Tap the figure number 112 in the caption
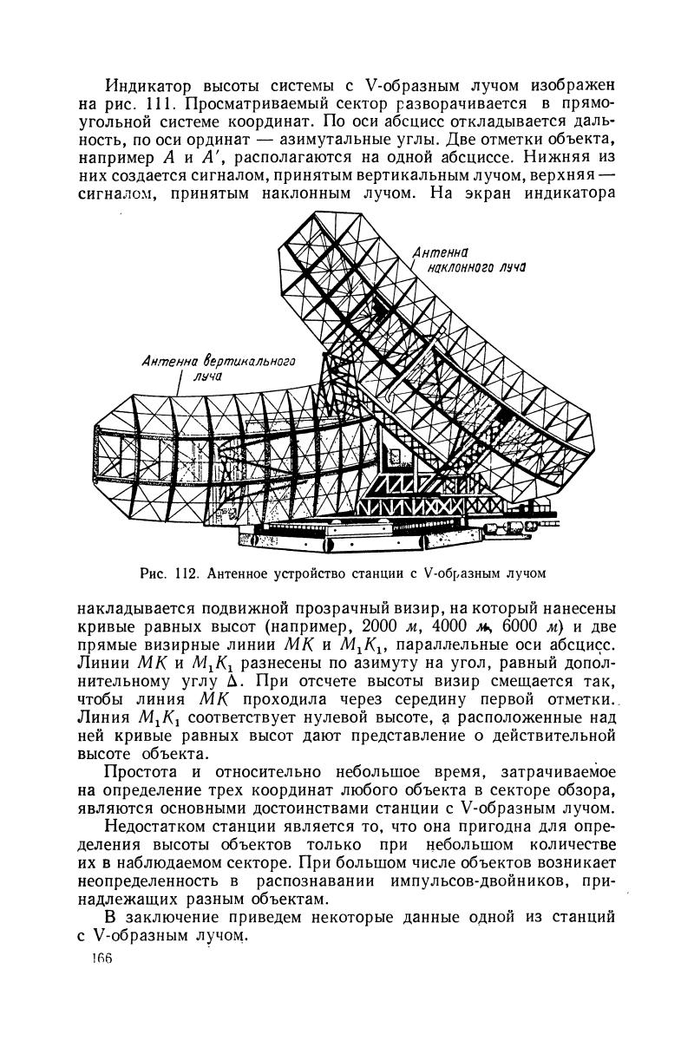[x=189, y=572]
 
